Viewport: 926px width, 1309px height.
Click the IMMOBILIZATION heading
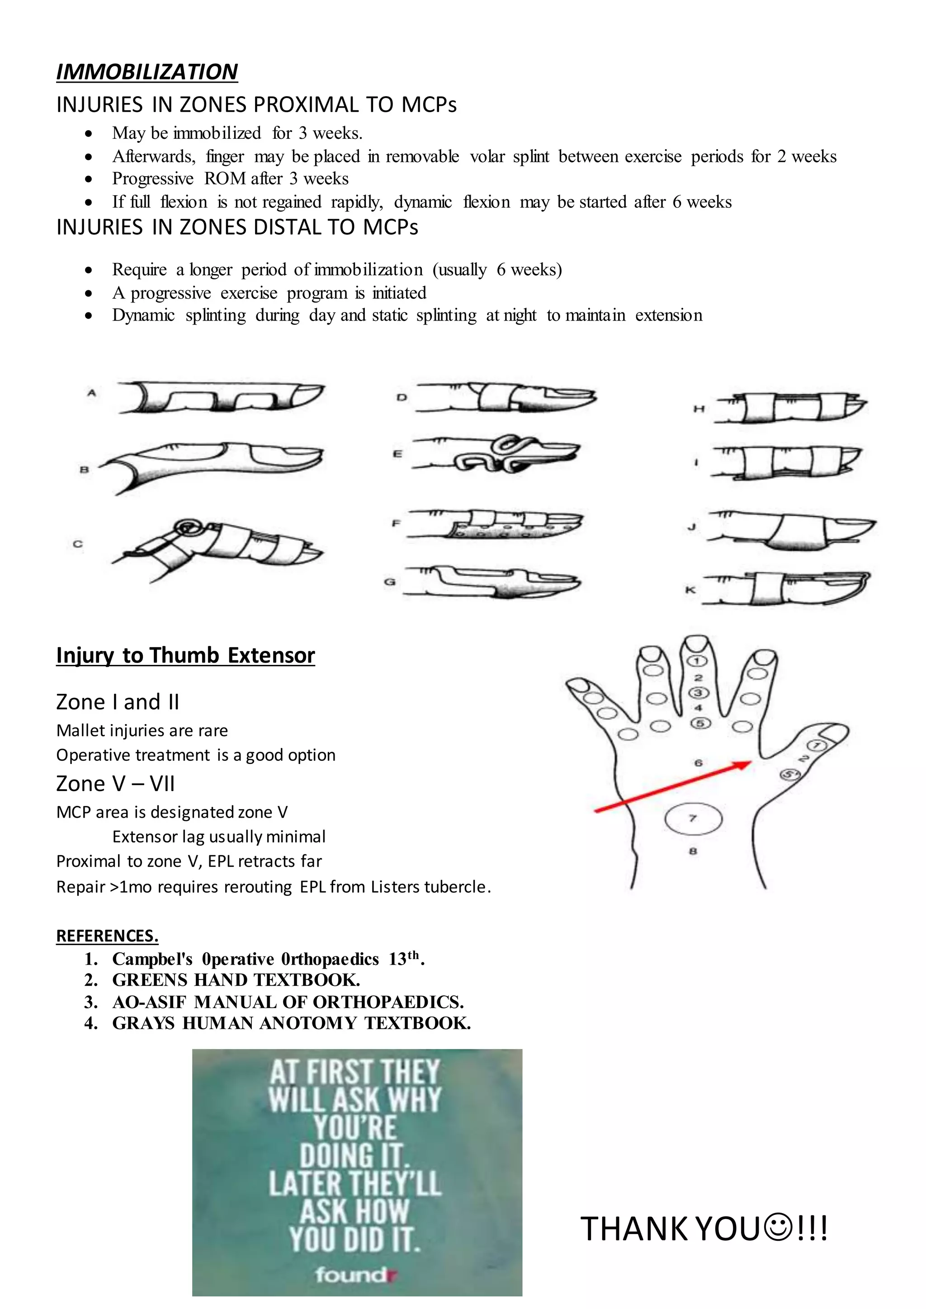pyautogui.click(x=146, y=72)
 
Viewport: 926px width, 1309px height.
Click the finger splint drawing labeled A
pyautogui.click(x=220, y=397)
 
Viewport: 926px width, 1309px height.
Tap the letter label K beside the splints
pyautogui.click(x=690, y=590)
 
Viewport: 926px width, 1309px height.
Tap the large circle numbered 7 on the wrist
pyautogui.click(x=693, y=819)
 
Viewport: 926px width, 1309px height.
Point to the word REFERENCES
pyautogui.click(x=107, y=936)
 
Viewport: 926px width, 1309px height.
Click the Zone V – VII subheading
pyautogui.click(x=115, y=784)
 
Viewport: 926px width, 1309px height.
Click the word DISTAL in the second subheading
pyautogui.click(x=288, y=227)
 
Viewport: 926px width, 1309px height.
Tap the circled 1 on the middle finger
pyautogui.click(x=699, y=661)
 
